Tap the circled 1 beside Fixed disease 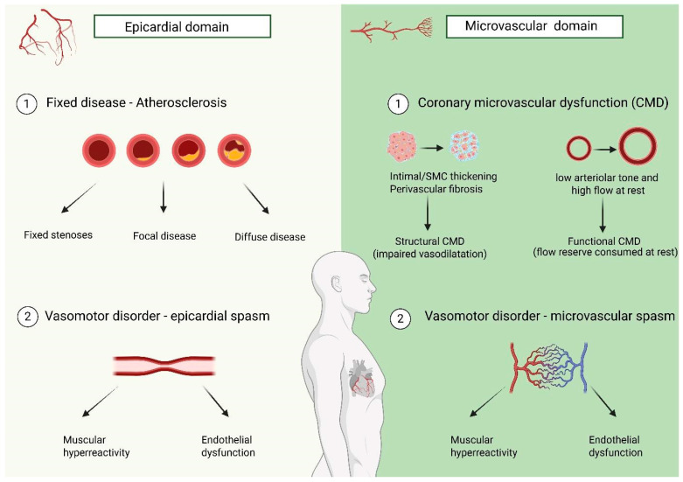(26, 104)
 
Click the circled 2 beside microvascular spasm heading (401, 318)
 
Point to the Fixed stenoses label (58, 235)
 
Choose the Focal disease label (164, 236)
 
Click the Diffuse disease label (269, 237)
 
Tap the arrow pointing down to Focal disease (164, 198)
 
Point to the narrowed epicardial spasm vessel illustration (164, 366)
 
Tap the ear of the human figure (337, 283)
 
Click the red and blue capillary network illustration (549, 366)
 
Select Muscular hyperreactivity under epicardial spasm (96, 446)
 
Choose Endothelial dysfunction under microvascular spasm (616, 446)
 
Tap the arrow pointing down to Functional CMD (603, 214)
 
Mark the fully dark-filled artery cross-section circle (99, 150)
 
